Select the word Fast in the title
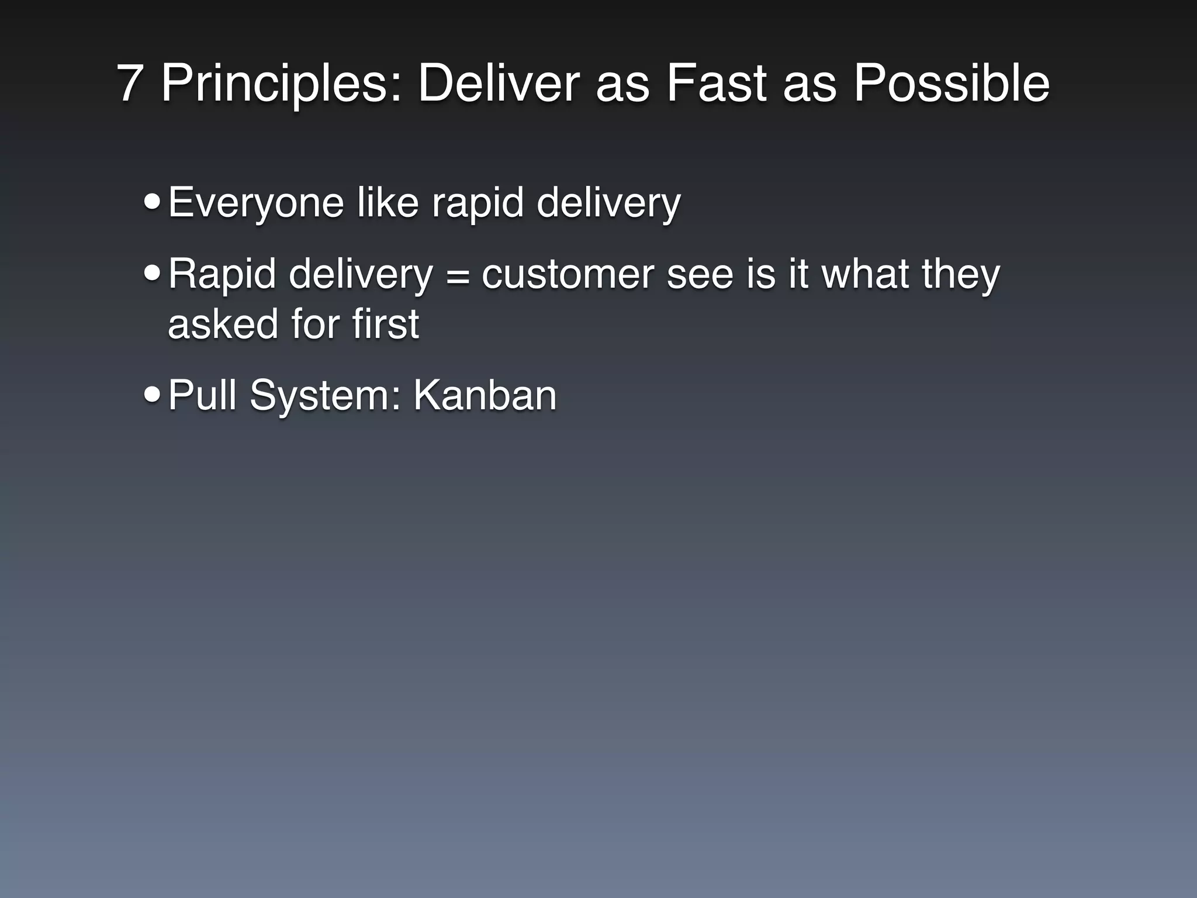[x=716, y=84]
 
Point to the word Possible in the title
[x=952, y=84]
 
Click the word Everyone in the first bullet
[x=256, y=203]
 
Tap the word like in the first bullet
[x=388, y=203]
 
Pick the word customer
[x=568, y=275]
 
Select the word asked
[x=223, y=324]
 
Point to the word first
[x=385, y=324]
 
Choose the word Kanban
[x=485, y=395]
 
